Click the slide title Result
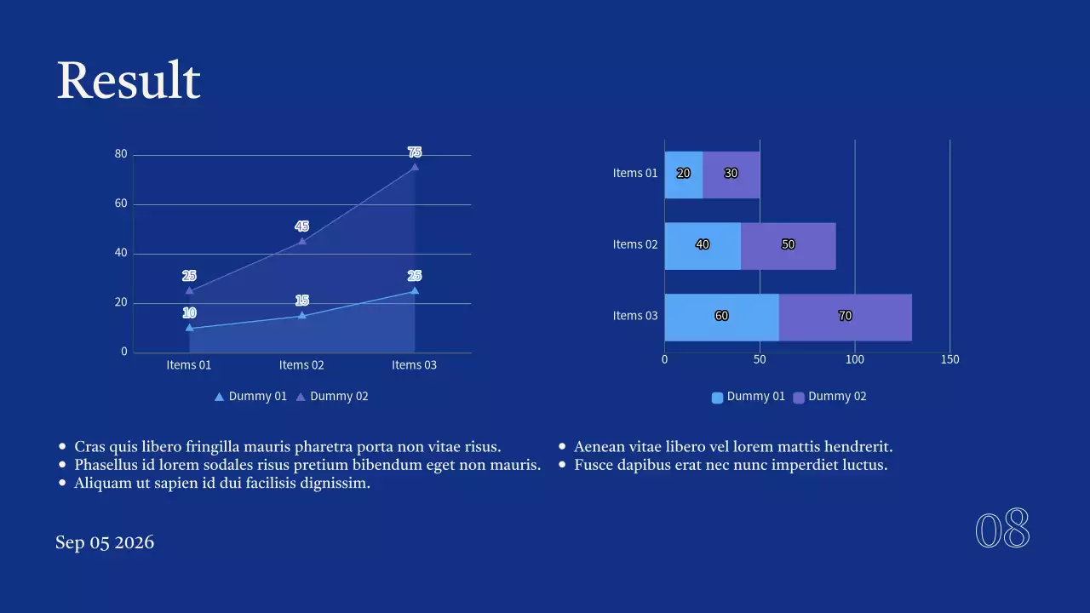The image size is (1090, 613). point(129,82)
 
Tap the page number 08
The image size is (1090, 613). point(1002,530)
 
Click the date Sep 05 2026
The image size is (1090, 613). point(105,543)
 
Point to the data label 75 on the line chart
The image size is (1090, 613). point(415,152)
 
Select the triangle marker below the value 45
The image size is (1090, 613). point(301,241)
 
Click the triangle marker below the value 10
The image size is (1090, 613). point(189,328)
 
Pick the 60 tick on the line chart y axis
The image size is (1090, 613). point(121,203)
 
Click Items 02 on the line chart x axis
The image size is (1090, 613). point(301,365)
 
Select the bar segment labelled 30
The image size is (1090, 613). point(731,175)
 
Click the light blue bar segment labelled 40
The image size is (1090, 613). point(703,245)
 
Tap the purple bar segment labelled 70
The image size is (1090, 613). point(845,317)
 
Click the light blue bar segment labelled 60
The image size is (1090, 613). point(721,317)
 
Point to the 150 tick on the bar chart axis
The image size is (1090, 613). point(949,359)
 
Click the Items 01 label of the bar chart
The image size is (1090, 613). point(635,174)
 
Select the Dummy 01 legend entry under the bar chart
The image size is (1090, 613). point(748,397)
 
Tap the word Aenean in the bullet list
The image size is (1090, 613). point(602,447)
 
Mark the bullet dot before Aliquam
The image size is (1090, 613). point(62,483)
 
